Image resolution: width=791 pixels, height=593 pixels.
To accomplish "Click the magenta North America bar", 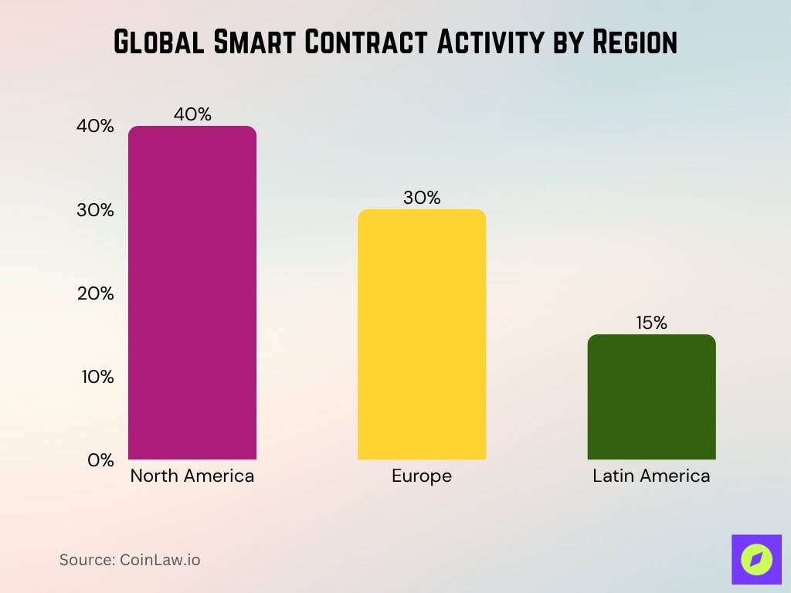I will [x=192, y=293].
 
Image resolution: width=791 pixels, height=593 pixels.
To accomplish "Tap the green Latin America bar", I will [x=651, y=397].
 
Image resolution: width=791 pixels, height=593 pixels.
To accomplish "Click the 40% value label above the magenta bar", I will [x=192, y=114].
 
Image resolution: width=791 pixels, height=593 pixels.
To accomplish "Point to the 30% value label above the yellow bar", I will [x=421, y=198].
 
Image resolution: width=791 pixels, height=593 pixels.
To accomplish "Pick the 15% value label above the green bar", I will [x=651, y=323].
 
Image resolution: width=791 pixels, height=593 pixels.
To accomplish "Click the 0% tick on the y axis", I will [x=100, y=459].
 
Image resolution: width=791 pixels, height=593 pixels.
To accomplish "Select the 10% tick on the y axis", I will [x=95, y=377].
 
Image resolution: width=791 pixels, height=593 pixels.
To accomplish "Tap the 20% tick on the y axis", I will [x=95, y=293].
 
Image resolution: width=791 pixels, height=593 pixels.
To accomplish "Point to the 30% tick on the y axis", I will [x=95, y=210].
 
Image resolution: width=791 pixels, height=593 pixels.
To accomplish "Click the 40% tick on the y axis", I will [x=95, y=127].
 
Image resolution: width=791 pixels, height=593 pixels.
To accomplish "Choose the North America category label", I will [x=192, y=476].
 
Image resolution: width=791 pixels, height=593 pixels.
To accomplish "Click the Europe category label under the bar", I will [x=421, y=476].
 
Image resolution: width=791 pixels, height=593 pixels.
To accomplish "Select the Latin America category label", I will [x=651, y=476].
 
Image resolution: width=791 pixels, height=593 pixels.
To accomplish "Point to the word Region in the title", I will [x=634, y=42].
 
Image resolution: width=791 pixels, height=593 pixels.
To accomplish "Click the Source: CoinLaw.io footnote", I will [x=130, y=560].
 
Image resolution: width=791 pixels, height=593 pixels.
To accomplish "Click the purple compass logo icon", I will [x=756, y=559].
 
